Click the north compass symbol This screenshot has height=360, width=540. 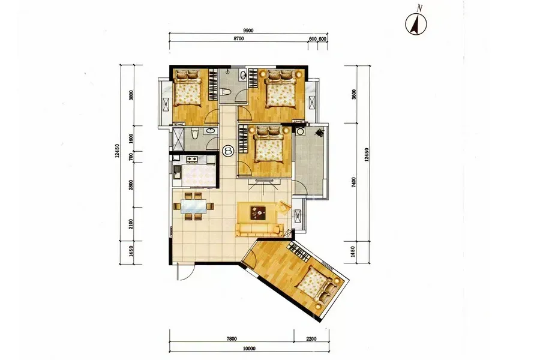point(416,23)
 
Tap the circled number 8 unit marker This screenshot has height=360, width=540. point(228,150)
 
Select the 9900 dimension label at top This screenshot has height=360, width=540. point(248,31)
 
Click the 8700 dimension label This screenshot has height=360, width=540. point(238,38)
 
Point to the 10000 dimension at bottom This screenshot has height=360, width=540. point(248,348)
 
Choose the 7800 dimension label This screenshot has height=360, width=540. point(232,338)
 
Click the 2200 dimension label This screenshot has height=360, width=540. point(311,338)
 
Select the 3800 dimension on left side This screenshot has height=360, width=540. point(131,95)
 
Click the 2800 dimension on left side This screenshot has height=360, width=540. point(131,185)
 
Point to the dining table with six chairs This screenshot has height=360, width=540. point(193,206)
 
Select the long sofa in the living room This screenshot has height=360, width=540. point(259,230)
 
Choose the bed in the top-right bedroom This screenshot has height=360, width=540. point(281,88)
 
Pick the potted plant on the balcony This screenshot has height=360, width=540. point(320,131)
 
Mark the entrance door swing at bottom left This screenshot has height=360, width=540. point(185,272)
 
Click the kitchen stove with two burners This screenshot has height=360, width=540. point(191,159)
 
